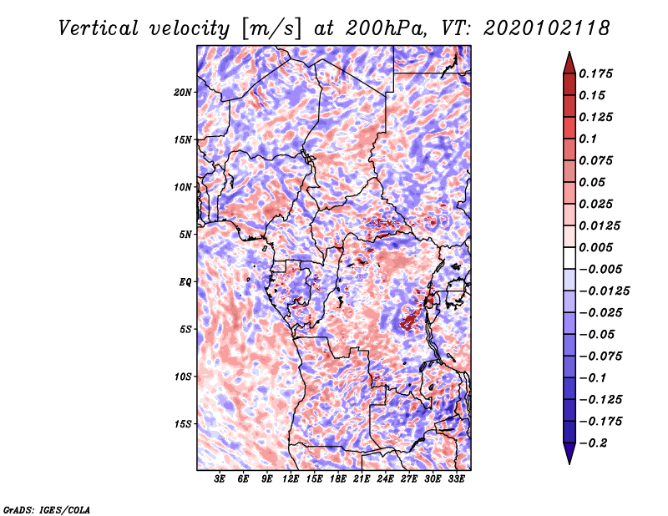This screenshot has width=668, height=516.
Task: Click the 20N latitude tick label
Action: (183, 93)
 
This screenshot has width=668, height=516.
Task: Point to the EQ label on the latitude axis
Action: (185, 282)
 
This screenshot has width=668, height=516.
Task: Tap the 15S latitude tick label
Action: (183, 424)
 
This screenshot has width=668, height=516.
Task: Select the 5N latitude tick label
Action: (185, 235)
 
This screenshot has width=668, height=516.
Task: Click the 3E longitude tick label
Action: (220, 479)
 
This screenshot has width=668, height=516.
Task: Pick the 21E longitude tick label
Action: (362, 479)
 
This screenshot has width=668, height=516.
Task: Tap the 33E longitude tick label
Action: (456, 479)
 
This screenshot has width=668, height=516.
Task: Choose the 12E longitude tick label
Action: (290, 479)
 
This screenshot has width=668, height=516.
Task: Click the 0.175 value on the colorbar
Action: (595, 73)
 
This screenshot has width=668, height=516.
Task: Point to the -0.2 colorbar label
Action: (593, 443)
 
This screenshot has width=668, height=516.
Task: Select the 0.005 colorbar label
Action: (595, 247)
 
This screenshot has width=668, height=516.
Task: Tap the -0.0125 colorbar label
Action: (604, 291)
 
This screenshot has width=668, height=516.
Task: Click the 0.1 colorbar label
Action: (588, 139)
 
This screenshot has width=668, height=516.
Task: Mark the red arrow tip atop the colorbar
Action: (569, 52)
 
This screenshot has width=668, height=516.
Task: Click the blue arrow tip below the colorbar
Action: (569, 463)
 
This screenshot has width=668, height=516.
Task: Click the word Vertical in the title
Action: (99, 28)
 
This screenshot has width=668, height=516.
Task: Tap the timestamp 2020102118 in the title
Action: (547, 28)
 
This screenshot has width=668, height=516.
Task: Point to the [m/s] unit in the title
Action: (271, 29)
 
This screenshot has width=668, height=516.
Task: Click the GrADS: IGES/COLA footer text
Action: (47, 510)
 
